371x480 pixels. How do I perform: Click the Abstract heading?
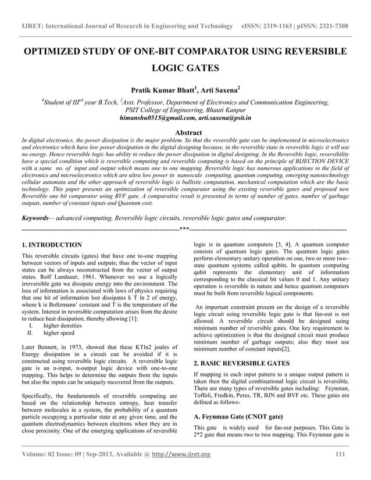click(185, 132)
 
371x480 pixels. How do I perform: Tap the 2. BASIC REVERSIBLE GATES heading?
click(240, 363)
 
